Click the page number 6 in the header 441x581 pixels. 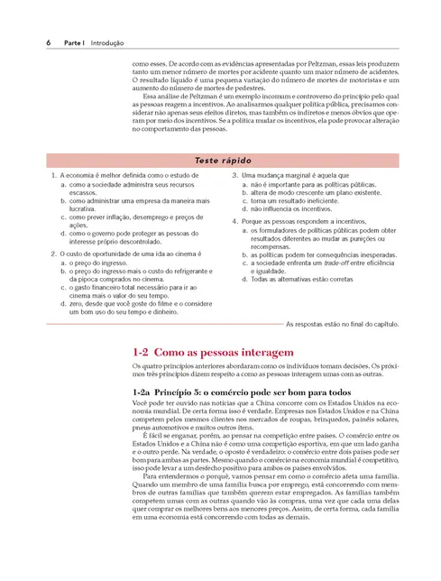[x=47, y=42]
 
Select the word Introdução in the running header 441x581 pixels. [x=107, y=42]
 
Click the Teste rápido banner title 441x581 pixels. [x=220, y=160]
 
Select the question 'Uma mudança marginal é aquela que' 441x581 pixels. [x=289, y=174]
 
